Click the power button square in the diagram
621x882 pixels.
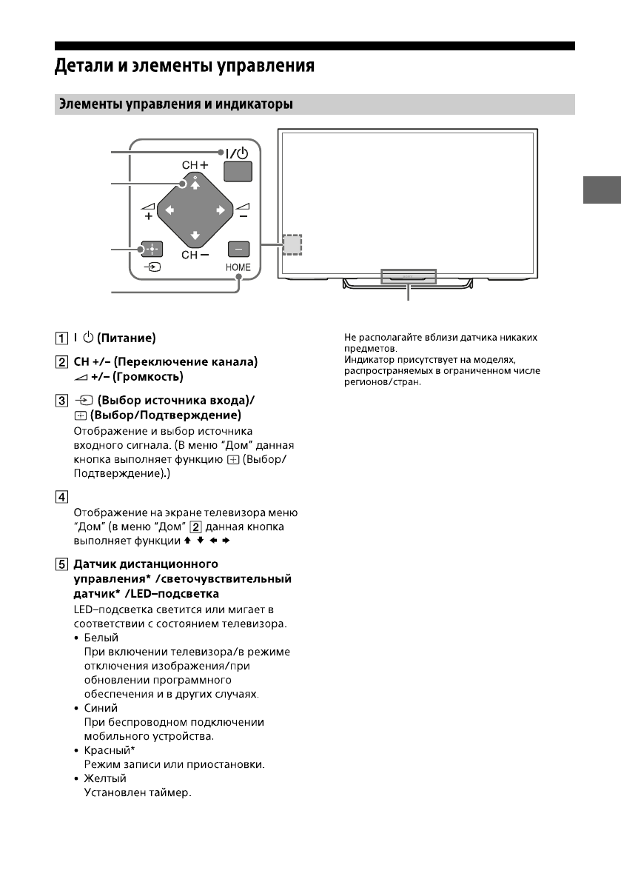click(238, 172)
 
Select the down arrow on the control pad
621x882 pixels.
click(195, 236)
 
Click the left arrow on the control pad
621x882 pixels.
click(169, 210)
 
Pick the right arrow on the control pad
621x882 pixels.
click(221, 210)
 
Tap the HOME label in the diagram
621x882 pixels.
click(238, 267)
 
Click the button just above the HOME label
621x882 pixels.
click(238, 250)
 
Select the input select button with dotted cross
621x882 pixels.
click(152, 250)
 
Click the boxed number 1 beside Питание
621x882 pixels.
click(62, 338)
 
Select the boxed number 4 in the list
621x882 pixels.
click(62, 497)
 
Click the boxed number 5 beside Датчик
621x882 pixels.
click(62, 564)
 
